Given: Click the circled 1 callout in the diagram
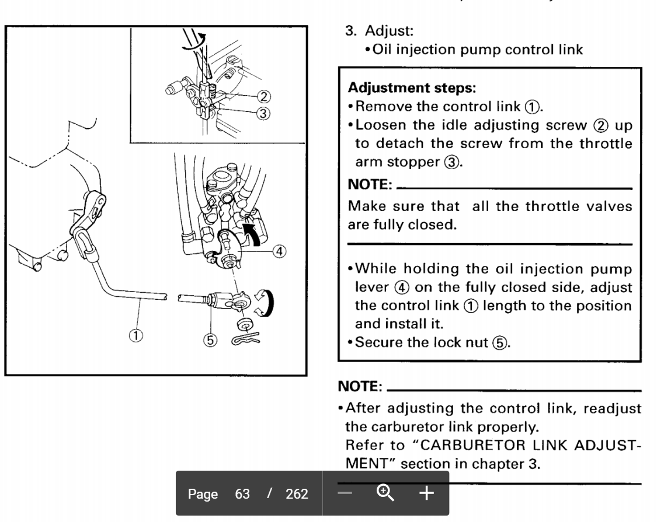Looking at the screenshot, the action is pyautogui.click(x=135, y=336).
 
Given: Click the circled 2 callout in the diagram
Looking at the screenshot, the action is pyautogui.click(x=263, y=97).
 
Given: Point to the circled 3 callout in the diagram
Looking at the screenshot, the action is pyautogui.click(x=263, y=114).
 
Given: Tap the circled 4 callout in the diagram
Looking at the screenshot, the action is pyautogui.click(x=280, y=251).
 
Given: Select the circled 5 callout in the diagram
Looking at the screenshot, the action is pyautogui.click(x=210, y=340).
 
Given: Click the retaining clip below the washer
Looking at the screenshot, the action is pyautogui.click(x=245, y=339).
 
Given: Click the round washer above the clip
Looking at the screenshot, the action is pyautogui.click(x=245, y=324).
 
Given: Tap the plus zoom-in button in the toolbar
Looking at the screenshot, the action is pyautogui.click(x=426, y=493).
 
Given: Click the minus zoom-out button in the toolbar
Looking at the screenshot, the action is pyautogui.click(x=345, y=493).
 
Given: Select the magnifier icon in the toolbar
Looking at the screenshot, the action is pyautogui.click(x=385, y=493).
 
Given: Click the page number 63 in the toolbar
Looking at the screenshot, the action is pyautogui.click(x=242, y=494).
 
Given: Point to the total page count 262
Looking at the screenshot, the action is pyautogui.click(x=297, y=494).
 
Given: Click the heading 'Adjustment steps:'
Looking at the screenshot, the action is pyautogui.click(x=412, y=88).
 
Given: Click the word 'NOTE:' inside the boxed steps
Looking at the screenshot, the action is pyautogui.click(x=370, y=185).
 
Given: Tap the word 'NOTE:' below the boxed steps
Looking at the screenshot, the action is pyautogui.click(x=360, y=386).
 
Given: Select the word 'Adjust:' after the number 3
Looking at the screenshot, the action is pyautogui.click(x=390, y=31).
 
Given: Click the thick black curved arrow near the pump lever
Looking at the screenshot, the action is pyautogui.click(x=253, y=233).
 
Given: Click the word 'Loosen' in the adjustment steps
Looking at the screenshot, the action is pyautogui.click(x=380, y=125).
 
